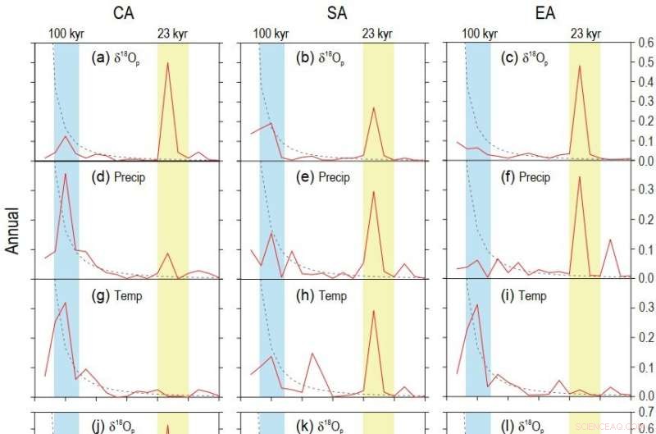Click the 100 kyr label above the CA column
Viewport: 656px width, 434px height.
[66, 34]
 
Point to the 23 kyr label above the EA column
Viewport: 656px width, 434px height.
[584, 34]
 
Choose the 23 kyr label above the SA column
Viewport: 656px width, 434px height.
[377, 34]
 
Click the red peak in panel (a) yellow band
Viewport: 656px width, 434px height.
[168, 63]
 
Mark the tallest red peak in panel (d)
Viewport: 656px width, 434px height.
[65, 175]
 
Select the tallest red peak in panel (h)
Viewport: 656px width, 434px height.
[374, 311]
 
